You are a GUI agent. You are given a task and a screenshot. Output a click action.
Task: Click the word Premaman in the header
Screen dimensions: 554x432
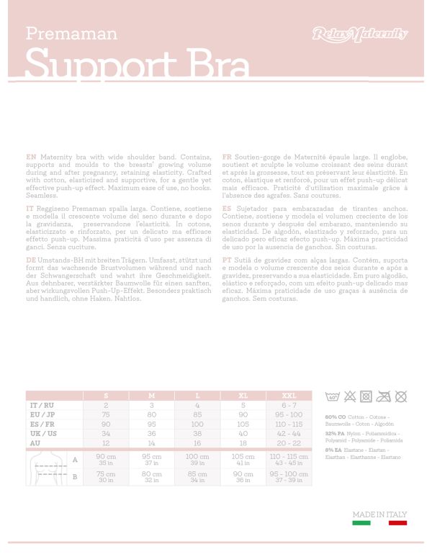pyautogui.click(x=71, y=33)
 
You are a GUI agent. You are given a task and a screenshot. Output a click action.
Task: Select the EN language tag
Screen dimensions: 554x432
pyautogui.click(x=31, y=156)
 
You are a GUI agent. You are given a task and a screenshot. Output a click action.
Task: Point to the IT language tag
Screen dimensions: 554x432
pyautogui.click(x=30, y=207)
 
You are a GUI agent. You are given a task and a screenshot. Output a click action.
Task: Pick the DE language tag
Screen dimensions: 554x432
pyautogui.click(x=31, y=259)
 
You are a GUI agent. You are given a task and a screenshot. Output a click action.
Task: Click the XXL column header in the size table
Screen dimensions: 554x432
pyautogui.click(x=289, y=396)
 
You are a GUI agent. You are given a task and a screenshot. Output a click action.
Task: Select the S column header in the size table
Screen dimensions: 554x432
pyautogui.click(x=106, y=396)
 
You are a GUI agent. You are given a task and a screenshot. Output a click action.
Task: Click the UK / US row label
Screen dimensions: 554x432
pyautogui.click(x=44, y=433)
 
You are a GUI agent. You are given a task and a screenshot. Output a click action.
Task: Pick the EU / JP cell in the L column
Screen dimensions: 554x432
pyautogui.click(x=197, y=414)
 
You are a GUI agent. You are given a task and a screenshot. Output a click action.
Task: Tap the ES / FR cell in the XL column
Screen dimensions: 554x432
pyautogui.click(x=243, y=424)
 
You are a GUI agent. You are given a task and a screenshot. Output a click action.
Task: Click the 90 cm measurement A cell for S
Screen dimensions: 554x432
pyautogui.click(x=106, y=459)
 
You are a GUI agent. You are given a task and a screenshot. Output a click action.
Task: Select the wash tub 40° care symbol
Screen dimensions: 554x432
pyautogui.click(x=333, y=396)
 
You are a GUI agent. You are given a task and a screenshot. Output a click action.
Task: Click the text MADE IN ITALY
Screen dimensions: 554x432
pyautogui.click(x=379, y=514)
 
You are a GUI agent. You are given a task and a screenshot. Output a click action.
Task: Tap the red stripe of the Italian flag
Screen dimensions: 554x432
pyautogui.click(x=398, y=523)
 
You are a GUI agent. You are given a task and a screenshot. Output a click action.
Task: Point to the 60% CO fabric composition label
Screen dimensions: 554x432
pyautogui.click(x=334, y=417)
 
